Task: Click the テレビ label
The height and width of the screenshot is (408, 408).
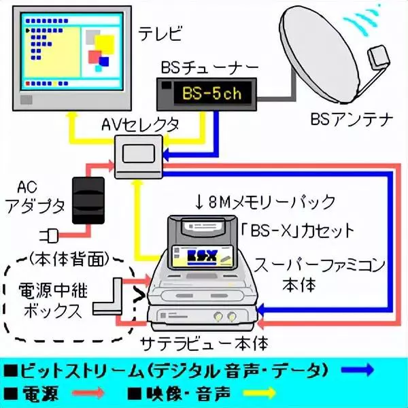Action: coord(160,32)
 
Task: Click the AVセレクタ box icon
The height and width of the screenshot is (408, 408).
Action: coord(137,154)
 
